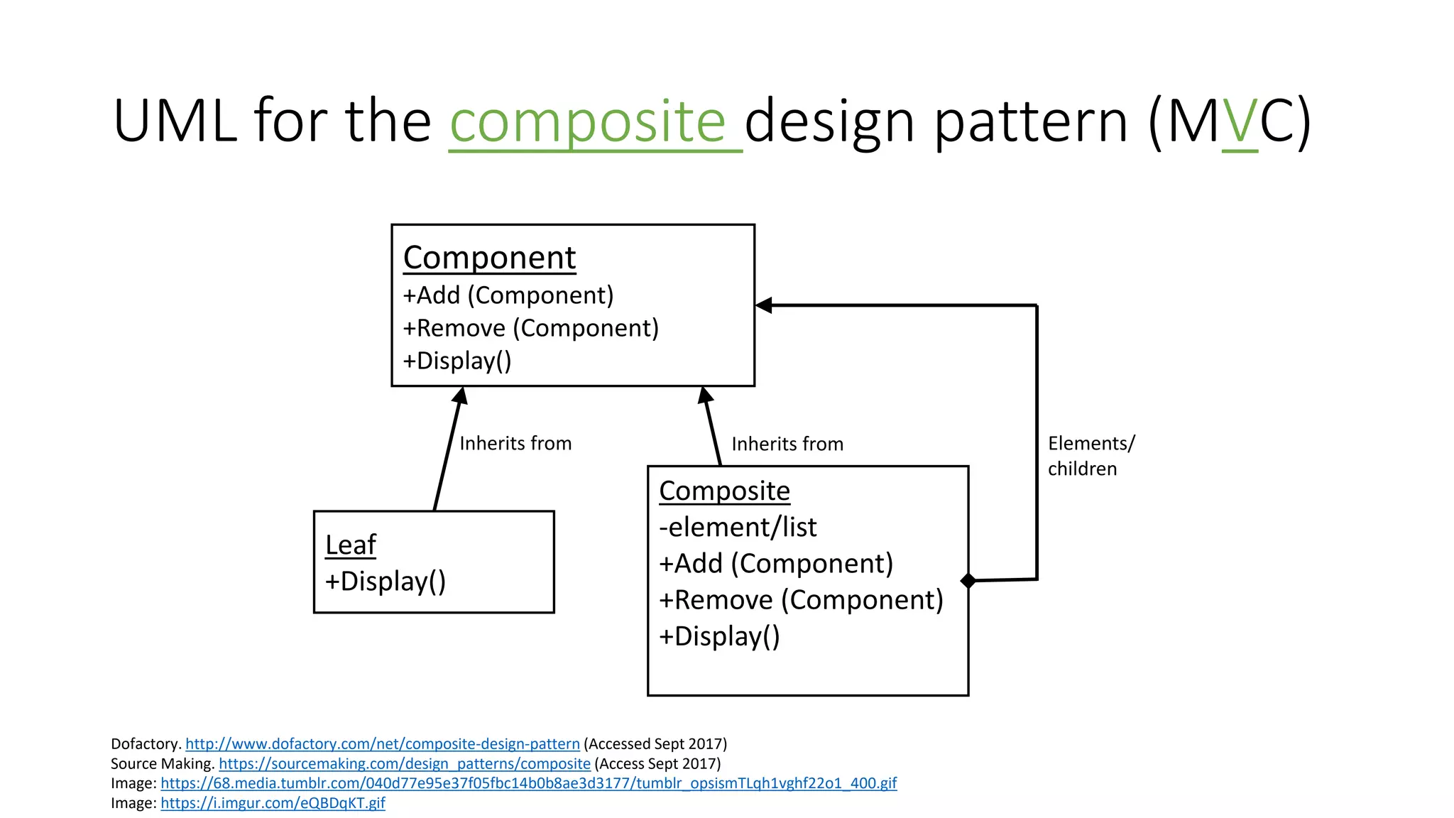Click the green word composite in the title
[588, 122]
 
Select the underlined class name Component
[489, 258]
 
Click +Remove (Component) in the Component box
[530, 328]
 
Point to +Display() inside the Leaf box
[385, 582]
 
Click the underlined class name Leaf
[350, 545]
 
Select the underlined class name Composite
[724, 491]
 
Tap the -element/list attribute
[738, 528]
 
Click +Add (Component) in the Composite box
[775, 564]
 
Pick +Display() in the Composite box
[719, 636]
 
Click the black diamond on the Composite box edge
[968, 581]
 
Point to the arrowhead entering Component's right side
[764, 305]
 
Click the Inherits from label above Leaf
[515, 444]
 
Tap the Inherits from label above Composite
[787, 445]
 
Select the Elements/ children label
[1090, 456]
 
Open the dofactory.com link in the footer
[382, 744]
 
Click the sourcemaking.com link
[404, 764]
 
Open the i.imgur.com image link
[273, 803]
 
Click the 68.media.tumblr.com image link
[528, 783]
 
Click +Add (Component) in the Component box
[508, 295]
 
